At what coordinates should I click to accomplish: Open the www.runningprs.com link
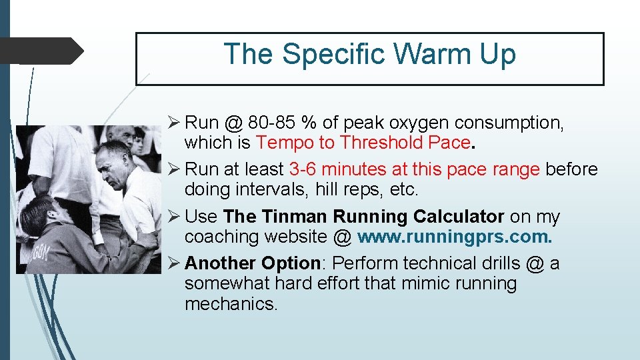point(455,237)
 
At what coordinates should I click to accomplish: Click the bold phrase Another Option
point(253,263)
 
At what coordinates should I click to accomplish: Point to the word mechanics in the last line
point(231,304)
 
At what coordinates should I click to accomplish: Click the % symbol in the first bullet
point(308,123)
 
